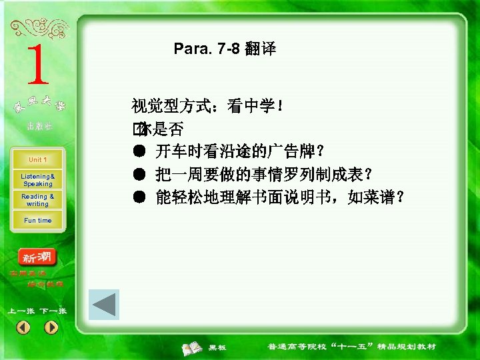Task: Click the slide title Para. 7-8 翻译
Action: (x=225, y=49)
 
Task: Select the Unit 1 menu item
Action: (x=37, y=160)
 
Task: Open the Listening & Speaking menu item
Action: (x=37, y=179)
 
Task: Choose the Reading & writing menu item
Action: (x=37, y=200)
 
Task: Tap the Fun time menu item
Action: (x=37, y=221)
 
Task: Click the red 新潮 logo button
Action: (x=38, y=257)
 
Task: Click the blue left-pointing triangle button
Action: (x=104, y=305)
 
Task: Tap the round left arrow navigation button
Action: (x=23, y=327)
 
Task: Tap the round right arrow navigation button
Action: (x=51, y=327)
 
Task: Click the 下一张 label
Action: (x=53, y=311)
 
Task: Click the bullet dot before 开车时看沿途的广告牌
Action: (x=139, y=151)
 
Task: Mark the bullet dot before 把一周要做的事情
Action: (x=139, y=174)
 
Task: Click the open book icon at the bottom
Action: (x=193, y=347)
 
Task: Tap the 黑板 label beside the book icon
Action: (x=217, y=347)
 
